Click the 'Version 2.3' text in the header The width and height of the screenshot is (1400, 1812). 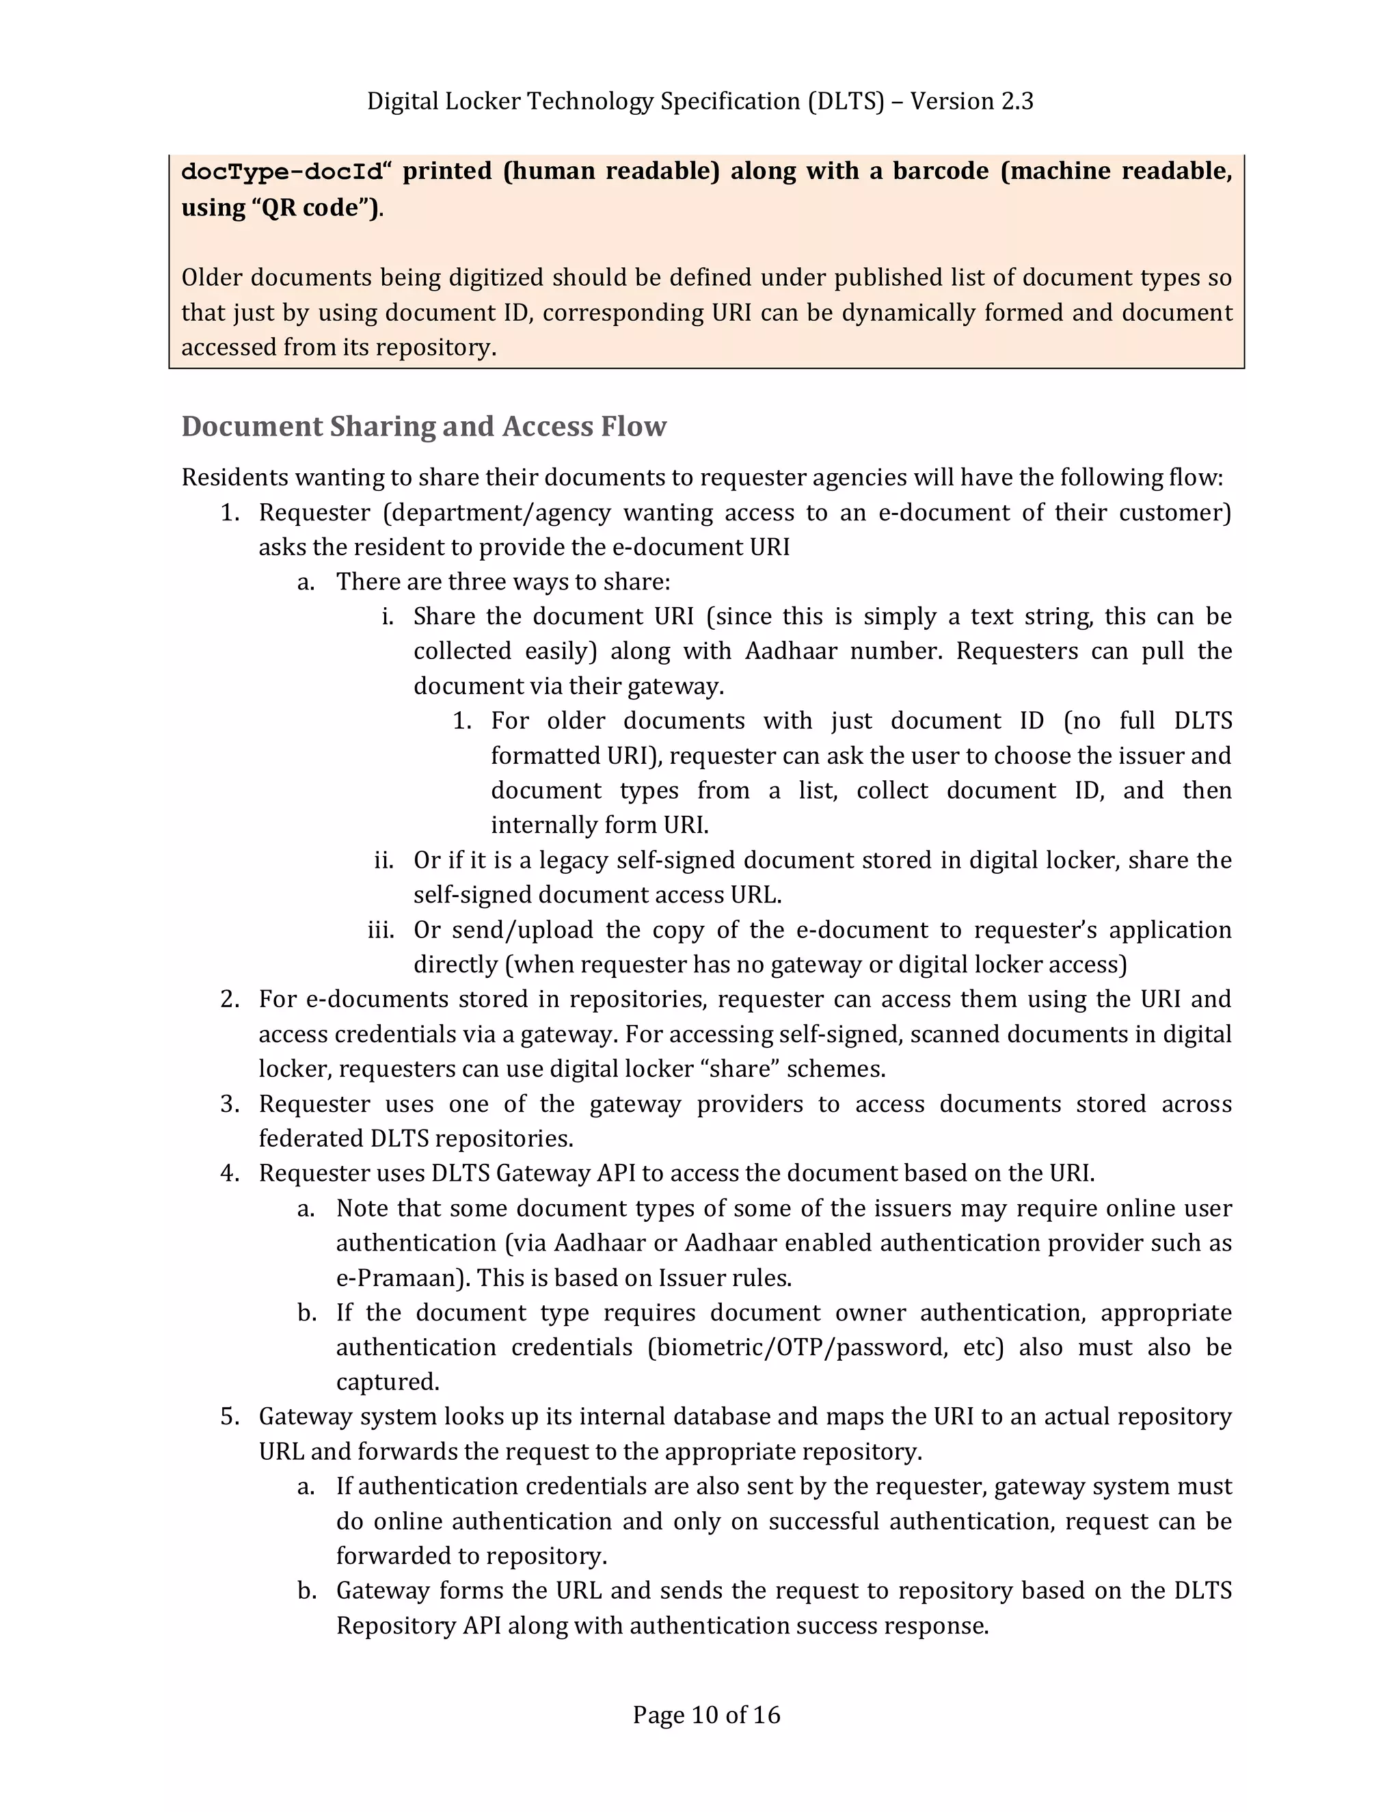point(971,101)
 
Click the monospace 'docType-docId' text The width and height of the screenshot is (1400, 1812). point(283,172)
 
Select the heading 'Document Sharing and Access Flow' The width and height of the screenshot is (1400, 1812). point(424,427)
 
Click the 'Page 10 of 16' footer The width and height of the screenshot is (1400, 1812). point(705,1714)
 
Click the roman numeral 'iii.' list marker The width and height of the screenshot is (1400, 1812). point(381,930)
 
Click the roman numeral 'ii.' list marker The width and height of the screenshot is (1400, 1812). point(383,860)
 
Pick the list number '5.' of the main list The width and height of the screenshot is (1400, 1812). point(230,1417)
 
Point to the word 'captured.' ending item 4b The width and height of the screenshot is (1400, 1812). point(388,1382)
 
